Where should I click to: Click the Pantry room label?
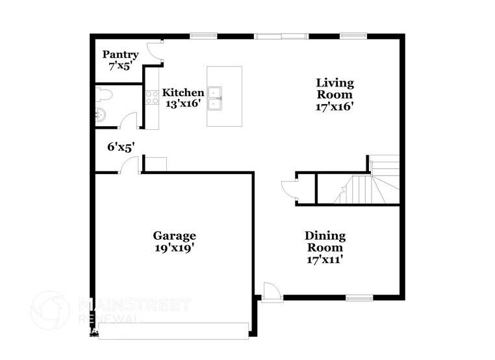tap(120, 55)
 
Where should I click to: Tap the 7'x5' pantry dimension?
tap(120, 66)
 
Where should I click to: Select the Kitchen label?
tap(183, 92)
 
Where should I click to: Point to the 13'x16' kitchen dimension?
tap(183, 103)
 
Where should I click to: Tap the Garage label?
tap(174, 235)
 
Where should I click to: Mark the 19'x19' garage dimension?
tap(174, 247)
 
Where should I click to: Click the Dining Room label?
tap(325, 241)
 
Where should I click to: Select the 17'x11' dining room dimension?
tap(325, 260)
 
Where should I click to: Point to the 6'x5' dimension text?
tap(120, 148)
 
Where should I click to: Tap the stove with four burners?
tap(152, 97)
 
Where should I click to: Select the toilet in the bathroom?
tap(104, 95)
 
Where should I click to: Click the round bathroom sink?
tap(100, 117)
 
